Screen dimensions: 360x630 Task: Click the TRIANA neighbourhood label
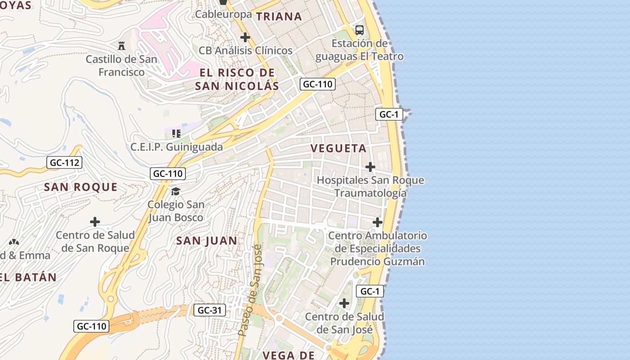279,17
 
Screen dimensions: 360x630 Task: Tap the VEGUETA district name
338,148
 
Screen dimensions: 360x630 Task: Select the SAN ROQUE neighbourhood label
81,187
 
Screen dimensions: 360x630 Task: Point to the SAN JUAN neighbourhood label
207,241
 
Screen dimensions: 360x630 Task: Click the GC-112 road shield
64,162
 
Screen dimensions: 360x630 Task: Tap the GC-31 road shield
210,310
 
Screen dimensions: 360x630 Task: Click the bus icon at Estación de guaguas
359,30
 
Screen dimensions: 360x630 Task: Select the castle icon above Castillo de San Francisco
121,45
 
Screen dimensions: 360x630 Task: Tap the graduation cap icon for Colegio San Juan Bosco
175,192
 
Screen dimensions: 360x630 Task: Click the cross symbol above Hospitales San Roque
370,167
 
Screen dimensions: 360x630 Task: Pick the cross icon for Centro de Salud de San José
344,303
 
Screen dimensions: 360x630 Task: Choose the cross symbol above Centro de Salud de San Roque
95,222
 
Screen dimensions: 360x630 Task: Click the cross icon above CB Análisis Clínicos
245,37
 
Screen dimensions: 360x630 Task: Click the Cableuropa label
223,14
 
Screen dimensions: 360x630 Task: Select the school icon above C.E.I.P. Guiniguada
176,134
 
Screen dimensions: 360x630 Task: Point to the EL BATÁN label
28,277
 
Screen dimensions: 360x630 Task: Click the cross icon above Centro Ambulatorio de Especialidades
377,222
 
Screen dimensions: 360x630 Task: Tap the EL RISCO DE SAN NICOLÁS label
237,79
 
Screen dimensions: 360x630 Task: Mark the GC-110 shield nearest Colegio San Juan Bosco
168,173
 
